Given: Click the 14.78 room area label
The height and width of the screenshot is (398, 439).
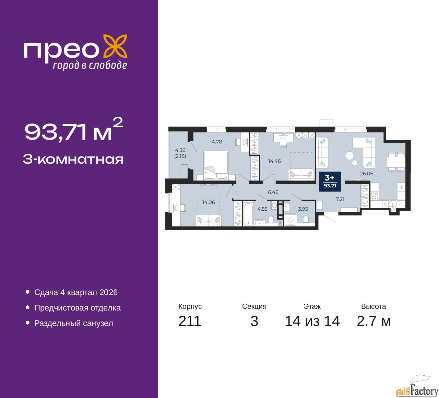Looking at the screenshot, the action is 216,142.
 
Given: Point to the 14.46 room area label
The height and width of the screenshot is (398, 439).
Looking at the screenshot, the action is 274,161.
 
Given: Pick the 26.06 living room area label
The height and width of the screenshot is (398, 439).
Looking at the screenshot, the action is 367,174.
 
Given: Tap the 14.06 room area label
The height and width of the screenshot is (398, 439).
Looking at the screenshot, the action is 208,202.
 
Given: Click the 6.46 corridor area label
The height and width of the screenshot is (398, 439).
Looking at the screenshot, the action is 273,192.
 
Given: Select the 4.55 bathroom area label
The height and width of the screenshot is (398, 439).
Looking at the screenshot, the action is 262,209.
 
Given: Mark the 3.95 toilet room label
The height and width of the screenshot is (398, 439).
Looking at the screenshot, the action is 303,209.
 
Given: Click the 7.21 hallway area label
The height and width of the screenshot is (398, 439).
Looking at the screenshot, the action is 340,199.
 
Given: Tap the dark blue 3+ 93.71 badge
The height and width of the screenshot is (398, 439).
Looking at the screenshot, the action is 330,182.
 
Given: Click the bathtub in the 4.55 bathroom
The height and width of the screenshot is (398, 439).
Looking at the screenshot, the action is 248,214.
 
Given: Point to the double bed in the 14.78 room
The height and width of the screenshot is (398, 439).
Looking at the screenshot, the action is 216,166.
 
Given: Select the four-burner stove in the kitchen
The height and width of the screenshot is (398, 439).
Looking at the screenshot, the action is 375,195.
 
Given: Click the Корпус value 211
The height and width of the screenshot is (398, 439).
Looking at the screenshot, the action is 190,321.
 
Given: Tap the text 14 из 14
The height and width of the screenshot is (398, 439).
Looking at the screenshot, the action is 312,321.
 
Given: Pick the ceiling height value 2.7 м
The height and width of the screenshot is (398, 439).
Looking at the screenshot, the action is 373,321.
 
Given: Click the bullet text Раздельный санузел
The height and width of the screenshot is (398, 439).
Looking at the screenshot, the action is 73,323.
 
